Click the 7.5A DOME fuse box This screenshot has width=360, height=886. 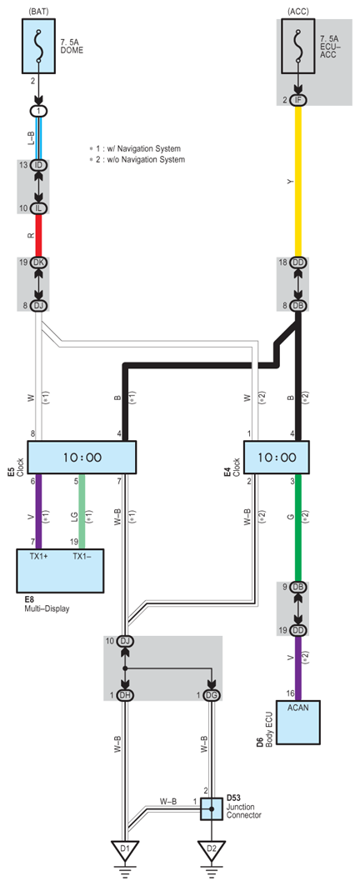click(39, 46)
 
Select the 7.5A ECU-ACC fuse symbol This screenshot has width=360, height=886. click(297, 46)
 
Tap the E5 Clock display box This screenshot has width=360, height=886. click(82, 457)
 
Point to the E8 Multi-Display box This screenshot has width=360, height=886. click(60, 569)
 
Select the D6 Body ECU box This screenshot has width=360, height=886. click(298, 722)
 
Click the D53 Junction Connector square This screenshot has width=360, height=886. click(212, 808)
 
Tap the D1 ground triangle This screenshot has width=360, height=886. click(125, 848)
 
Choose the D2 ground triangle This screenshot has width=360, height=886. click(212, 848)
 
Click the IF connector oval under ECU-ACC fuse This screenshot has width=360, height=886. click(298, 100)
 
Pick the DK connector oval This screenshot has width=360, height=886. click(39, 263)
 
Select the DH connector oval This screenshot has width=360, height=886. click(125, 695)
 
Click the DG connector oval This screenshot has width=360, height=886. click(212, 695)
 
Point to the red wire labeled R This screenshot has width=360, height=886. click(39, 236)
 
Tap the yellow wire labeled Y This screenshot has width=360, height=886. click(298, 182)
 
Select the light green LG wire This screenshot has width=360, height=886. click(82, 511)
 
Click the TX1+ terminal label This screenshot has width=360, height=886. click(37, 555)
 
